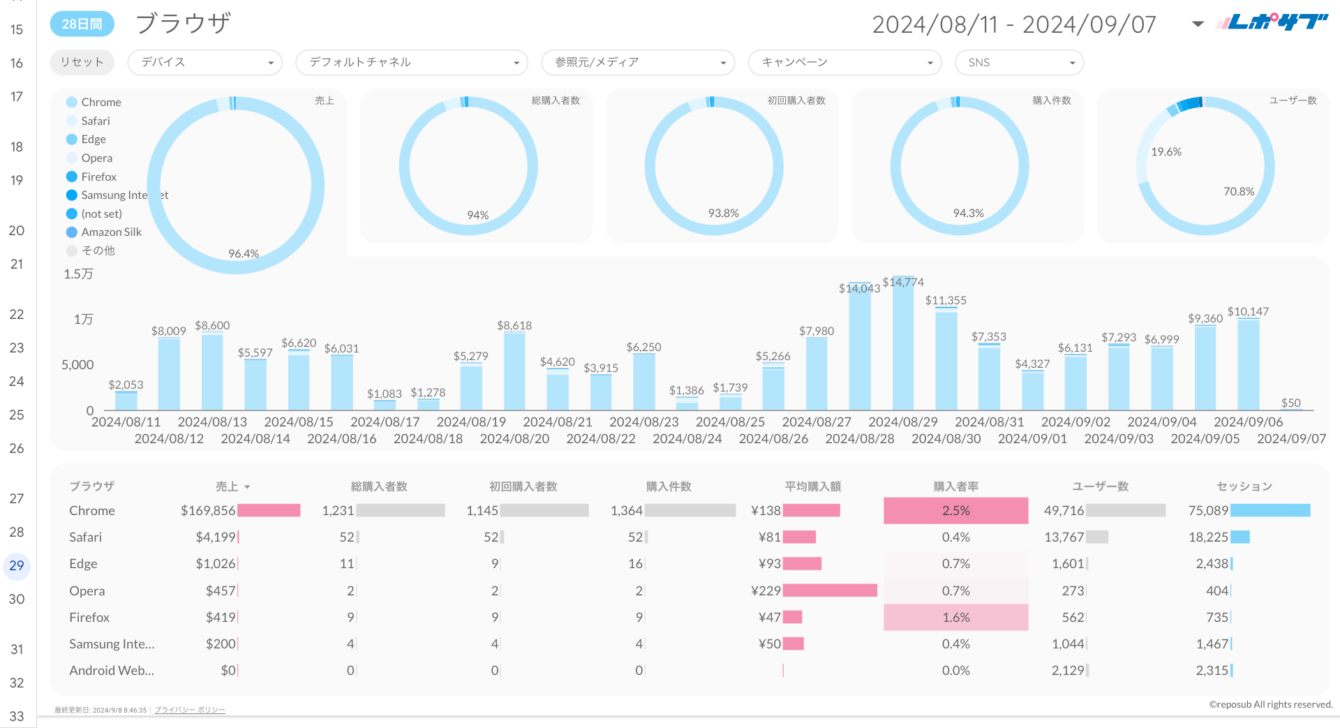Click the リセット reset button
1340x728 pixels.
pos(82,62)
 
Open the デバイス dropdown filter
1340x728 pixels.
pos(204,62)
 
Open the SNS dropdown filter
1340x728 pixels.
pos(1018,62)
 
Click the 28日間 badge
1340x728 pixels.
pos(82,24)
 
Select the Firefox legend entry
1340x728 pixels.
pos(98,177)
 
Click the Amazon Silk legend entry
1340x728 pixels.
pos(111,232)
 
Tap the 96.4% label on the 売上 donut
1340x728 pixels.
pos(244,253)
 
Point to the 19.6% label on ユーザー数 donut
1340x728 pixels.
pos(1166,151)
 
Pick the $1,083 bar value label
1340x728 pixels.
pos(385,394)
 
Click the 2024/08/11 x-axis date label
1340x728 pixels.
pos(126,422)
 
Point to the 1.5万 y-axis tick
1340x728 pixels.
pos(78,274)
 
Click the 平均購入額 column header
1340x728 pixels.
pos(812,486)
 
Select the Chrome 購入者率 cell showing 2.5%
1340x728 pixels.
pos(955,510)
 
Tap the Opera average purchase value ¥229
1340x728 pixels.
pos(766,590)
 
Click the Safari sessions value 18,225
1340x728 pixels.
pos(1208,537)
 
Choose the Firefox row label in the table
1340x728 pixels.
pos(89,617)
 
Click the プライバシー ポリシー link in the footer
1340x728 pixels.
pos(190,710)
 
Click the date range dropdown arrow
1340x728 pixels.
pos(1198,24)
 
